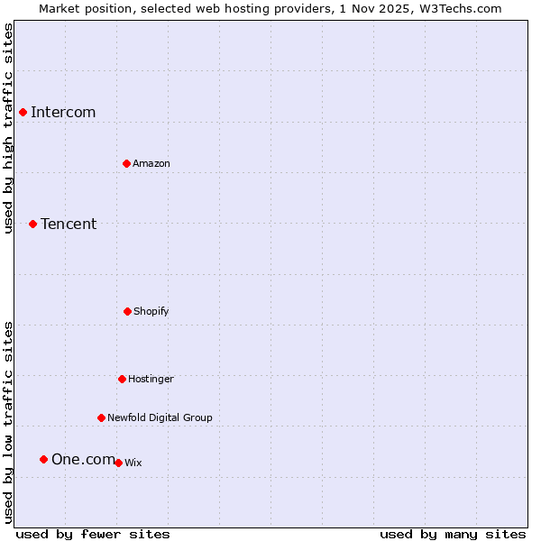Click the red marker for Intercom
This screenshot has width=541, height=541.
pos(23,112)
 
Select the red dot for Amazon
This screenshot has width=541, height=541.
pos(126,163)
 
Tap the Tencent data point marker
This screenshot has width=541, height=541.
pos(32,224)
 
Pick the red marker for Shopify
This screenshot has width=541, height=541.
pos(127,311)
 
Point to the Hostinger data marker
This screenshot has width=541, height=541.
pos(122,379)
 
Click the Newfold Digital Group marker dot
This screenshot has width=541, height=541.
pos(101,417)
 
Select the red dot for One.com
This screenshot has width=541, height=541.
pos(43,459)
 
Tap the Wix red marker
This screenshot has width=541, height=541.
pos(118,463)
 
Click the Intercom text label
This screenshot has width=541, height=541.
pos(63,112)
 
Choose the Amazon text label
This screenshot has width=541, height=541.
pos(151,163)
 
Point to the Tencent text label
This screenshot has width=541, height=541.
pos(69,224)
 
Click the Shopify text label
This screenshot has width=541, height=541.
pos(151,311)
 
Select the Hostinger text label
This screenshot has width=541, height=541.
pos(151,379)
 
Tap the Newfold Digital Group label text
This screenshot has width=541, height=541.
pos(160,417)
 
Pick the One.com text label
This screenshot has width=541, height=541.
pos(83,459)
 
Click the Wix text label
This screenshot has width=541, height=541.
pos(133,463)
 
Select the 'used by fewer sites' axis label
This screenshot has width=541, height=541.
pos(93,534)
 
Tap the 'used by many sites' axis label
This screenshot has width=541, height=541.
pos(453,534)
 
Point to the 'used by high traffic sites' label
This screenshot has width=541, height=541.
pos(8,128)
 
